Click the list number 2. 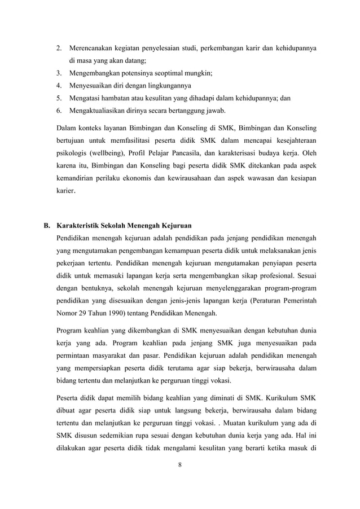click(59, 48)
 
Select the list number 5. click(59, 98)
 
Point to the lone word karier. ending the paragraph click(65, 191)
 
